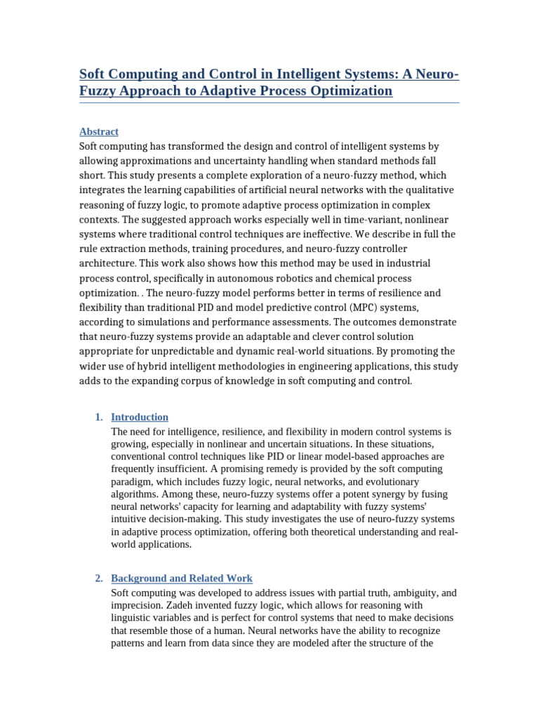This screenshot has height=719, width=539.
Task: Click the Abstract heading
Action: click(x=99, y=131)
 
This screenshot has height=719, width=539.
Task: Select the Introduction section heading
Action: click(x=140, y=417)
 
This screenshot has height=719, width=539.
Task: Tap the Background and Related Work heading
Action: click(x=182, y=579)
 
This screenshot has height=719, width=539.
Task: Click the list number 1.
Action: click(x=98, y=417)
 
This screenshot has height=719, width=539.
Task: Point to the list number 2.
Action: click(x=98, y=579)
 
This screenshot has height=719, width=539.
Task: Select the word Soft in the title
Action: click(x=94, y=74)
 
